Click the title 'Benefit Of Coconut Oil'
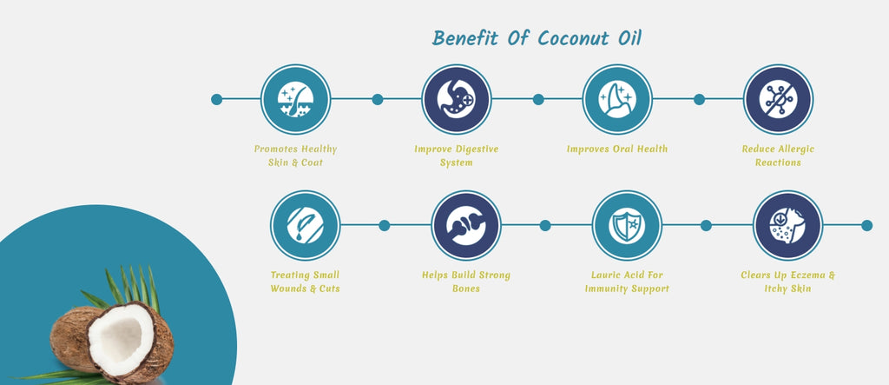click(x=537, y=38)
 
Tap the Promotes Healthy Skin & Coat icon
click(x=295, y=99)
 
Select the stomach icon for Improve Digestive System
click(x=457, y=99)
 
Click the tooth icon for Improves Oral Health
click(x=617, y=99)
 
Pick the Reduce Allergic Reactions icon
click(x=778, y=99)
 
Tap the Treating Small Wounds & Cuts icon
click(x=305, y=225)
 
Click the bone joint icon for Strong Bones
click(x=466, y=225)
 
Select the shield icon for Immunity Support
click(x=627, y=225)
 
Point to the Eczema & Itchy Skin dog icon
click(x=787, y=225)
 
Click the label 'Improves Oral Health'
click(x=617, y=149)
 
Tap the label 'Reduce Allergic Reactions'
click(x=778, y=156)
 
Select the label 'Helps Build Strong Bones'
click(x=466, y=282)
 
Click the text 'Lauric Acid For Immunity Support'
click(x=627, y=282)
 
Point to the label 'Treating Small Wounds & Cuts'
click(x=305, y=282)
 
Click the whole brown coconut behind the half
click(x=71, y=338)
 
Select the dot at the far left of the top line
click(x=216, y=99)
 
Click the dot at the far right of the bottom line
click(x=867, y=225)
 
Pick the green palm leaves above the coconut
click(x=128, y=289)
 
